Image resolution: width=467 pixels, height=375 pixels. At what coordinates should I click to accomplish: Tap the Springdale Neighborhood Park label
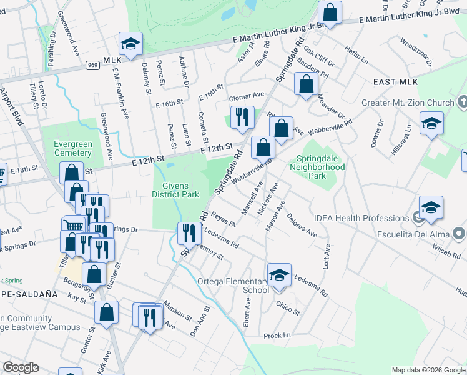(320, 167)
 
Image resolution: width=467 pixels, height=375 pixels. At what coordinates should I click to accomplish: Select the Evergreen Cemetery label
(72, 148)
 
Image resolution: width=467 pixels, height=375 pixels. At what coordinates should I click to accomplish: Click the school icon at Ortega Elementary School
(279, 274)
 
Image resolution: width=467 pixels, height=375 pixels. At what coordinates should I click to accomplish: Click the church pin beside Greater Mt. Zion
(462, 101)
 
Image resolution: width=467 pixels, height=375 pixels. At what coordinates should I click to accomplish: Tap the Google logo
(21, 367)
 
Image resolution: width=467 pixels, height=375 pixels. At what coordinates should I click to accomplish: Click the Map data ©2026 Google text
(428, 370)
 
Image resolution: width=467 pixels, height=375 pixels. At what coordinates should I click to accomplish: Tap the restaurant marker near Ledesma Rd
(189, 233)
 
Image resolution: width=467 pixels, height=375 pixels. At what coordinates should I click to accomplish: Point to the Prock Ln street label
(277, 336)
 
